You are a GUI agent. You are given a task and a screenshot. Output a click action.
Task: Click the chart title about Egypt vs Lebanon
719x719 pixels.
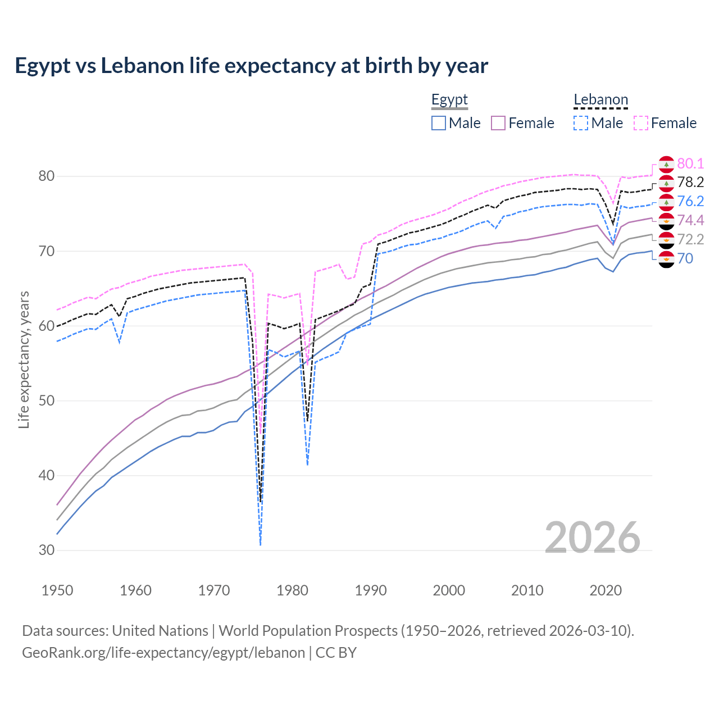click(x=251, y=66)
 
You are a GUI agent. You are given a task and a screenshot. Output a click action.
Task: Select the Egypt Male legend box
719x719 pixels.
click(x=439, y=123)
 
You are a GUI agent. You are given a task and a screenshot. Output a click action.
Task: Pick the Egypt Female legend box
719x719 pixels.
click(x=498, y=123)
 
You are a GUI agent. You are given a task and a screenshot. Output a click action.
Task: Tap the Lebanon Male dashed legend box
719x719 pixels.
click(x=581, y=123)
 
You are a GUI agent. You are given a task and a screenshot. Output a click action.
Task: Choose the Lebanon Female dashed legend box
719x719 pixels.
click(x=641, y=123)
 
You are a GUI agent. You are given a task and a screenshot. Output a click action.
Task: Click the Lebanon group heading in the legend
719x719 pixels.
click(x=600, y=100)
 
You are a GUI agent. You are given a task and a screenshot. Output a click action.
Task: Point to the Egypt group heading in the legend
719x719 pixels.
click(x=449, y=100)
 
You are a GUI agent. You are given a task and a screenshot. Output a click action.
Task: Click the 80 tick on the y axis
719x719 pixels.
click(x=47, y=176)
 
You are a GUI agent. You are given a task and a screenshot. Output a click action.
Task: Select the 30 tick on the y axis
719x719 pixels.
click(x=47, y=550)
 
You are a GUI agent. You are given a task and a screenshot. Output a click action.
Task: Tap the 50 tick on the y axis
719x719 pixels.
click(x=47, y=401)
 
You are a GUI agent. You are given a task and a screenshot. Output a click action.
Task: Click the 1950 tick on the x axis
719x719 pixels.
click(x=57, y=590)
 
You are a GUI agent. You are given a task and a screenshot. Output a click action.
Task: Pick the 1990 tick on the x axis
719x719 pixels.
click(x=371, y=590)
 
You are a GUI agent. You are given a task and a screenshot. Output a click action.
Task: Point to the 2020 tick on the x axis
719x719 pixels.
click(x=606, y=590)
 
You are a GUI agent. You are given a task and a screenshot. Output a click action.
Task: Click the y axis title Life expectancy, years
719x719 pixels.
click(x=24, y=359)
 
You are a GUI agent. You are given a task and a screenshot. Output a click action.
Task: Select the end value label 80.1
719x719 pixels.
click(x=690, y=163)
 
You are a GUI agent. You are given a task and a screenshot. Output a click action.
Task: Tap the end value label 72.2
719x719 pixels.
click(x=690, y=239)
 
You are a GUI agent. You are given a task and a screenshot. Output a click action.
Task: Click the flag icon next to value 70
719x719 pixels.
click(x=666, y=259)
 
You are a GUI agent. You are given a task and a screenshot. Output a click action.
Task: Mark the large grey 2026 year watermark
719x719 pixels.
click(x=593, y=538)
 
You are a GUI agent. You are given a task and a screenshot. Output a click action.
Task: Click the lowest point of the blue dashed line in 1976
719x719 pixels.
click(x=261, y=545)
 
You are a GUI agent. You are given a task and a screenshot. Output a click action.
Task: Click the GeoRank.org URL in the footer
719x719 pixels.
click(x=163, y=653)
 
